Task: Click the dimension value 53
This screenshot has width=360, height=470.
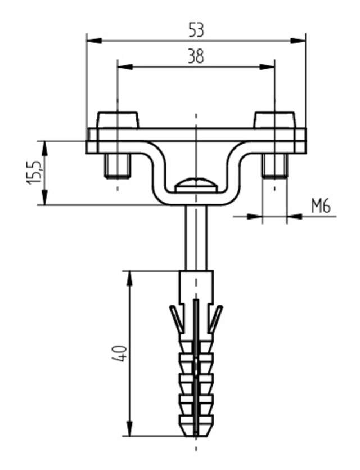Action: tap(195, 30)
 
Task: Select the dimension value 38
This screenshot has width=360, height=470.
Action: tap(195, 56)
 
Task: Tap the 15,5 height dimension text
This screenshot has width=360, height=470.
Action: tap(34, 172)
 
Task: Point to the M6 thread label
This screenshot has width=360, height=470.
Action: tap(320, 207)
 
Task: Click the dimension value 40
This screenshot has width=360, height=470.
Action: tap(120, 353)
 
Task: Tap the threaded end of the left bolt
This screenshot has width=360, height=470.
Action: tap(117, 165)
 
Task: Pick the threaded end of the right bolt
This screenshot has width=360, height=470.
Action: tap(274, 165)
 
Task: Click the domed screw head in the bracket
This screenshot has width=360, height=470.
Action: tap(195, 183)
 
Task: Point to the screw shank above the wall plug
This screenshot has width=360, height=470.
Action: tap(196, 236)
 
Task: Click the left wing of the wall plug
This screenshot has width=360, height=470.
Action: tap(176, 319)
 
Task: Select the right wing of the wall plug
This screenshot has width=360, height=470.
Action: tap(215, 319)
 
